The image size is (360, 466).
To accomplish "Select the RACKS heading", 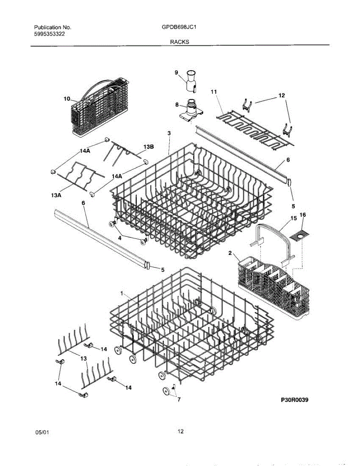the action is point(180,42).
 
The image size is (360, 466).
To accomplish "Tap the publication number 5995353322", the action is point(50,34).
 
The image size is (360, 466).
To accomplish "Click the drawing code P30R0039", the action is point(295,400).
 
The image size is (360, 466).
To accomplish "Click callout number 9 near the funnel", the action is point(176,73).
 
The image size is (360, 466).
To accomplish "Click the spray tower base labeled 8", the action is point(191,111).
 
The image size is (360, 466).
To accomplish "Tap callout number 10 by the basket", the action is point(67,99).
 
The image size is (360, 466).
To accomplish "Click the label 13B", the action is point(149,147).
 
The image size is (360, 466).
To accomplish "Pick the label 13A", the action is point(56,195).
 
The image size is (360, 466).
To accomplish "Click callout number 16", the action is point(303,215).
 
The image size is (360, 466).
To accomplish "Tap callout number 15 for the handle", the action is point(294,218).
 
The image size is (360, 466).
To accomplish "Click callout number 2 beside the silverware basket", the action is point(230,253).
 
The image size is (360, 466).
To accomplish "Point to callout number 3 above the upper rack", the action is point(169,133).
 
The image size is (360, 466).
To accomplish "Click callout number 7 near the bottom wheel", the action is point(179,399).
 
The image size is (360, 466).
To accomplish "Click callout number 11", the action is point(214,92).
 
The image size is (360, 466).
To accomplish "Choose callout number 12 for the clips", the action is point(282,96).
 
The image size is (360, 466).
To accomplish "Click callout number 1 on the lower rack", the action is point(122,293).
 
